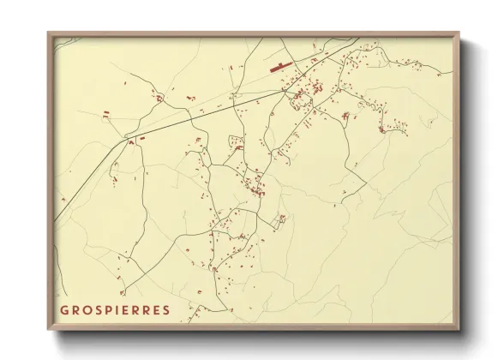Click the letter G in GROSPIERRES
click(x=64, y=309)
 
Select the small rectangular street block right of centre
click(x=278, y=222)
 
